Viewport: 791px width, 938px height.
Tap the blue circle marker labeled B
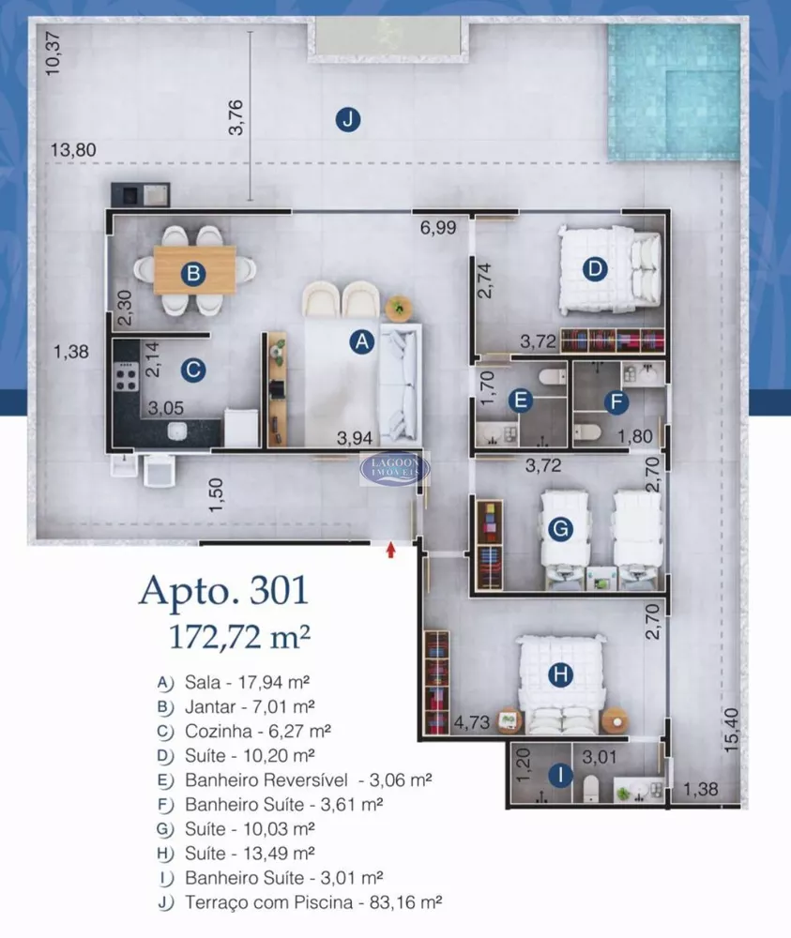pos(192,274)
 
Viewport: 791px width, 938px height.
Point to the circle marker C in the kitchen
pos(192,370)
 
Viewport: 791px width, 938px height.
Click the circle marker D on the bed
pos(593,270)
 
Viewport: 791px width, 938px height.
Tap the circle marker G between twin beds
pos(559,530)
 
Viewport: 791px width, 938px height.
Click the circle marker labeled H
pos(560,673)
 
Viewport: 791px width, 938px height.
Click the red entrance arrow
pos(391,550)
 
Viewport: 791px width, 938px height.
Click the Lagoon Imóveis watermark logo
pos(396,467)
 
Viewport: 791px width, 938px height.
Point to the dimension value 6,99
pos(437,227)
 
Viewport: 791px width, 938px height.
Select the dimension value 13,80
pos(74,150)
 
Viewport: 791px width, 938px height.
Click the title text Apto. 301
pos(223,592)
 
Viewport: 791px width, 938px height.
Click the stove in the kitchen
pos(126,378)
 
